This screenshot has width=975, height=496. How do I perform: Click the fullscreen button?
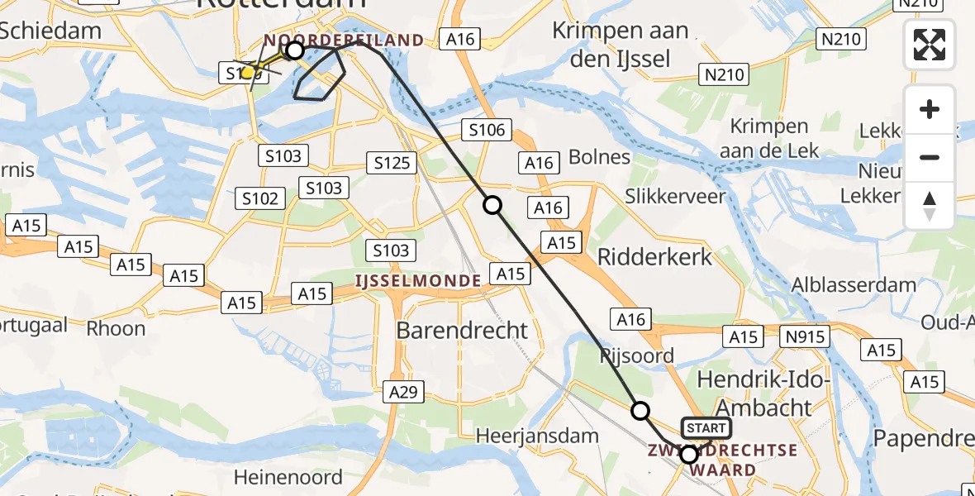pyautogui.click(x=930, y=45)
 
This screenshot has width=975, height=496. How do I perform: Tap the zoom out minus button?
pyautogui.click(x=930, y=157)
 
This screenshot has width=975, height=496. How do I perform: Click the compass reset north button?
pyautogui.click(x=930, y=206)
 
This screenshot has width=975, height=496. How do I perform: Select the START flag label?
pyautogui.click(x=706, y=428)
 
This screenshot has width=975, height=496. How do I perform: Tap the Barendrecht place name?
pyautogui.click(x=462, y=331)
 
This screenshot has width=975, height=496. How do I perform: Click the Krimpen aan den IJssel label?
pyautogui.click(x=621, y=45)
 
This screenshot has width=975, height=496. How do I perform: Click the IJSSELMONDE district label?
pyautogui.click(x=418, y=281)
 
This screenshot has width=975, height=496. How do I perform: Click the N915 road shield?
pyautogui.click(x=806, y=336)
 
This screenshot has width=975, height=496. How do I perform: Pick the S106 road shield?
pyautogui.click(x=488, y=130)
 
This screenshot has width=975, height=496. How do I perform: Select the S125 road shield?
pyautogui.click(x=392, y=163)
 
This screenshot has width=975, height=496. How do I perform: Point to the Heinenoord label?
pyautogui.click(x=288, y=477)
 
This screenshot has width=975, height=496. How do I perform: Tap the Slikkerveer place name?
pyautogui.click(x=675, y=197)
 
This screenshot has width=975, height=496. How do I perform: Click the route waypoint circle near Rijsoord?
pyautogui.click(x=640, y=410)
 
